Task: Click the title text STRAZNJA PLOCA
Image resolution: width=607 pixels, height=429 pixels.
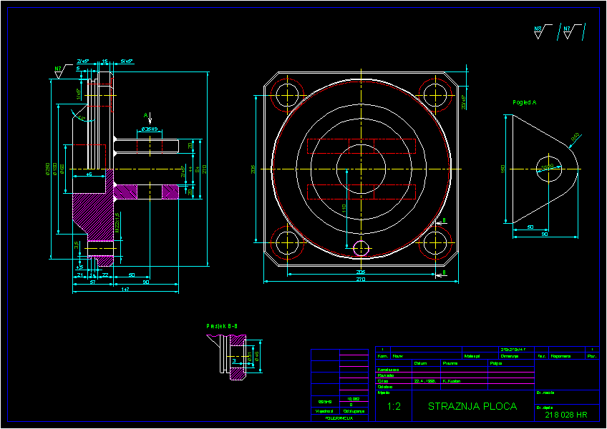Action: pyautogui.click(x=472, y=407)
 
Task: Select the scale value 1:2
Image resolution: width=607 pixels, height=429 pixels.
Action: pyautogui.click(x=394, y=407)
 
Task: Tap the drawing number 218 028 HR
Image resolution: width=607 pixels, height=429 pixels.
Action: pyautogui.click(x=565, y=415)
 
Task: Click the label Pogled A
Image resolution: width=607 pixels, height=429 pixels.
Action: pyautogui.click(x=524, y=102)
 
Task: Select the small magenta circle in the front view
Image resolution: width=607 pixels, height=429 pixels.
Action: pyautogui.click(x=361, y=247)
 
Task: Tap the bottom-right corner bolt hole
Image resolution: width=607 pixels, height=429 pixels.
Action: pyautogui.click(x=434, y=244)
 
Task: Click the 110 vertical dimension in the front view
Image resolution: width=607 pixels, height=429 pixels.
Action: pyautogui.click(x=344, y=207)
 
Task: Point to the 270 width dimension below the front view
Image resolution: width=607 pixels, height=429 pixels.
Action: pyautogui.click(x=361, y=280)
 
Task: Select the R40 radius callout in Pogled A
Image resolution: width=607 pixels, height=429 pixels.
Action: pyautogui.click(x=575, y=137)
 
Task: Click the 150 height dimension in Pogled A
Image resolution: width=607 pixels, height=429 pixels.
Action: pyautogui.click(x=503, y=169)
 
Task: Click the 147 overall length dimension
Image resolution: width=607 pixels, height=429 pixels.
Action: pyautogui.click(x=125, y=290)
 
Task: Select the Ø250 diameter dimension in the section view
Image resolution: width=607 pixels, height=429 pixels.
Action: pyautogui.click(x=48, y=169)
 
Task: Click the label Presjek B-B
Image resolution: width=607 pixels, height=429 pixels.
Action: pyautogui.click(x=222, y=326)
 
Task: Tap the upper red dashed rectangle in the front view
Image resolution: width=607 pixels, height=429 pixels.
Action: pyautogui.click(x=361, y=146)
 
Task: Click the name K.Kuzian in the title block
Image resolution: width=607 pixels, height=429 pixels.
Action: pyautogui.click(x=452, y=381)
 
